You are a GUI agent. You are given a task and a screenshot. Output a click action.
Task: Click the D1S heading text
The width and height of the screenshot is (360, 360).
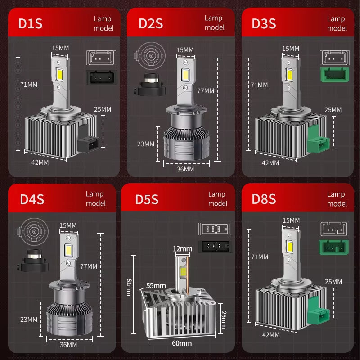point(31,24)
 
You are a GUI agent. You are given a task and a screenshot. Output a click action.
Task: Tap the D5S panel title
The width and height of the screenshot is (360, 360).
point(147,199)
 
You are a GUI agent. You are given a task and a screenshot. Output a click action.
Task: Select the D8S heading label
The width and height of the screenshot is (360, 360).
point(263,199)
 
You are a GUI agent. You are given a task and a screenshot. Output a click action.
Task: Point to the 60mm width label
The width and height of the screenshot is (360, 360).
point(182,343)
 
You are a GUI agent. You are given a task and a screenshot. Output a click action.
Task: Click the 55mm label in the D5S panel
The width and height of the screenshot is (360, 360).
point(156,285)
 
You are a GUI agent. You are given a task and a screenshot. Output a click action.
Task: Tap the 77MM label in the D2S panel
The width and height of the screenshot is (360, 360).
point(206,90)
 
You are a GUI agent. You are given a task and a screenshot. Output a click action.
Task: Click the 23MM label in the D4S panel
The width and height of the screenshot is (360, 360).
point(29,319)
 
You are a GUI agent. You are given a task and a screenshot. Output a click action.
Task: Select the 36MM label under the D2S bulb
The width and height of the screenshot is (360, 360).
point(185,169)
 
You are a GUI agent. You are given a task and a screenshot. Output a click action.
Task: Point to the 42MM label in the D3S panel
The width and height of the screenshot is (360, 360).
point(270,163)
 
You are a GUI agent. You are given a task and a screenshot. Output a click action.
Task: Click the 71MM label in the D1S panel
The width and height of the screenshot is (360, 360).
point(29,84)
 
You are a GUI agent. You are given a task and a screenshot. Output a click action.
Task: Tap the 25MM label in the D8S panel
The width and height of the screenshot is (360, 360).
point(333,281)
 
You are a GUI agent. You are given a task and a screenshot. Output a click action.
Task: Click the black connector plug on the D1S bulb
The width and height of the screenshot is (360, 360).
point(88,145)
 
